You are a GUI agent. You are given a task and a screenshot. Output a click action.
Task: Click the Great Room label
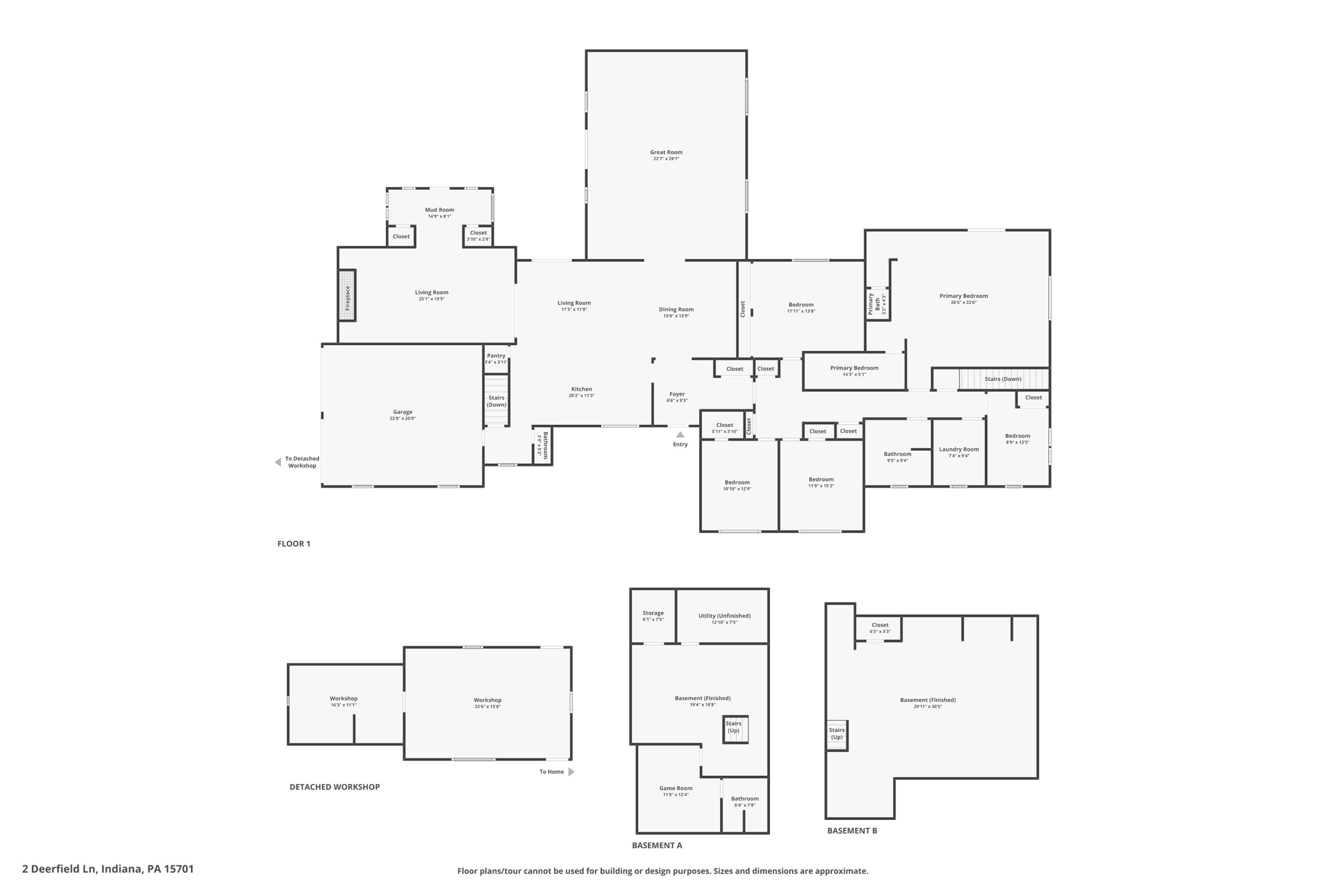click(666, 153)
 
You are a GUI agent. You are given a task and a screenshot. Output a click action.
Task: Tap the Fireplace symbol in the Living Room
click(347, 295)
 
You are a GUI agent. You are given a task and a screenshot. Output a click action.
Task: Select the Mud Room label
click(439, 210)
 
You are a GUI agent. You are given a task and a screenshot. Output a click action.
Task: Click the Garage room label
click(402, 413)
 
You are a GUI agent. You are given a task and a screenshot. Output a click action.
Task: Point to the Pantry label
click(496, 356)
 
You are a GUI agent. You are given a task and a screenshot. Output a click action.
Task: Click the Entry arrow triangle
click(680, 435)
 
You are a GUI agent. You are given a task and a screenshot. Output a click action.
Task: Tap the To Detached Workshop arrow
click(278, 462)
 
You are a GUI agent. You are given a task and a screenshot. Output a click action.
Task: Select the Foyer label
click(677, 394)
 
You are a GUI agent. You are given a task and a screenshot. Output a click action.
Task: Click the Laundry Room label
click(958, 449)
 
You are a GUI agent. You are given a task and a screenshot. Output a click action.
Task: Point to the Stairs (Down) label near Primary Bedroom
click(1002, 379)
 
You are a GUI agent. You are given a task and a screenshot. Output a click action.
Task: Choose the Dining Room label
click(676, 310)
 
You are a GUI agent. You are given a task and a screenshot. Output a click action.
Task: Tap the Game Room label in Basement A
click(675, 789)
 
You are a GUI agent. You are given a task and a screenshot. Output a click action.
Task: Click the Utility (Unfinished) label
click(724, 616)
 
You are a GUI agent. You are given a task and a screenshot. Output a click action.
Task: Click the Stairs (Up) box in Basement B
click(837, 734)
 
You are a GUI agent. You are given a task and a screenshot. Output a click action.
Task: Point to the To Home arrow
click(571, 772)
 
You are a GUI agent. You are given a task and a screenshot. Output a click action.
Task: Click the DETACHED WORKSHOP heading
click(334, 787)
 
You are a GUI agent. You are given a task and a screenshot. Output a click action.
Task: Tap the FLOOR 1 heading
click(293, 544)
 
